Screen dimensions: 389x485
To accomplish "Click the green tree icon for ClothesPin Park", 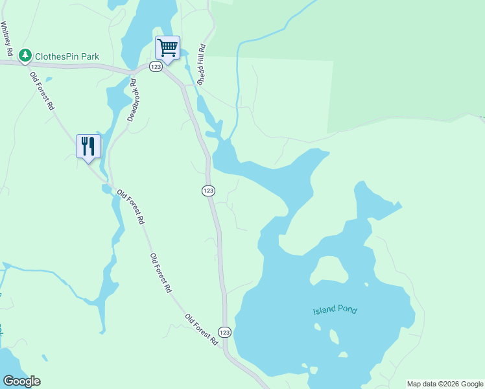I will click(25, 56).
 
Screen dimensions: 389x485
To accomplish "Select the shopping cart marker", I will click(167, 49).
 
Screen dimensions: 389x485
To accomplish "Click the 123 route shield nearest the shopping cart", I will click(156, 67).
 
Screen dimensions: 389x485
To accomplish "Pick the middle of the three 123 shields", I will click(207, 191).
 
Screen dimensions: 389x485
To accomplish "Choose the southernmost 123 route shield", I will click(224, 332).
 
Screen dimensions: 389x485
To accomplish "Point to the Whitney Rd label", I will click(7, 38).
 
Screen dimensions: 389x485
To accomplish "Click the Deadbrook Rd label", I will click(134, 101).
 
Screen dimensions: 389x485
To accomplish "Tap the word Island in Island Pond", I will click(324, 310).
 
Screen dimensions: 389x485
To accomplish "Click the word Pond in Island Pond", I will click(347, 309).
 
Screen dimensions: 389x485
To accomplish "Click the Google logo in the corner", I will click(21, 381).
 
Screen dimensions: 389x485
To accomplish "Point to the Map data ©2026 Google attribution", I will click(445, 384).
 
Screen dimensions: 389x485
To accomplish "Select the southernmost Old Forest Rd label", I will click(201, 329).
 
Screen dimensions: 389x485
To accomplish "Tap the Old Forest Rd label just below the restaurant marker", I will click(130, 207).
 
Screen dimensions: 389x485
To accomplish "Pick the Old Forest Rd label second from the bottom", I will click(160, 272).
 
